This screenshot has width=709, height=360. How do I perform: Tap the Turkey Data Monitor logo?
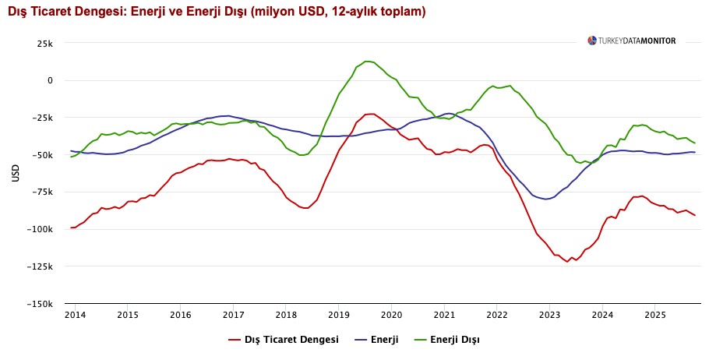point(632,41)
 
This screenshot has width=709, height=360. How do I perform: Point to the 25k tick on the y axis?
point(44,43)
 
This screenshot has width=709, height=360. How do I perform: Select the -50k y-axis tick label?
point(42,155)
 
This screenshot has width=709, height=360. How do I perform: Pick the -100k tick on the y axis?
point(40,229)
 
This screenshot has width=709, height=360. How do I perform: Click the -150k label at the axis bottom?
point(40,304)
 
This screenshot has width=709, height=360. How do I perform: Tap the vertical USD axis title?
point(16,173)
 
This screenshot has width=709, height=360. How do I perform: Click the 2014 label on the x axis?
point(75,315)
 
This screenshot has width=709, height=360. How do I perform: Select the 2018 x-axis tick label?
point(286,315)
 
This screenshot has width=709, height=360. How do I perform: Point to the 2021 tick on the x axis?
point(444,315)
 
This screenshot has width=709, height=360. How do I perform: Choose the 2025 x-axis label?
point(654,315)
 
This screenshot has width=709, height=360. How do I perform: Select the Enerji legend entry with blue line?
point(376,340)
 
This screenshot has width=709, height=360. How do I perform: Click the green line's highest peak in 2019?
point(368,61)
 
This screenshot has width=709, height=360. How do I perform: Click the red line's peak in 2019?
point(371,114)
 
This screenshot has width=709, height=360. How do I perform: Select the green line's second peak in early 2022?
point(508,86)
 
